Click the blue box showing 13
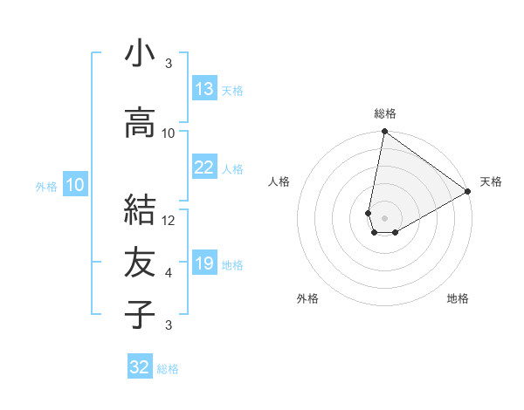point(204,89)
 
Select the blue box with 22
point(204,167)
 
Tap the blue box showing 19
point(204,263)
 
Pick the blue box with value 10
point(75,185)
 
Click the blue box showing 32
point(140,367)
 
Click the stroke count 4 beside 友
point(169,273)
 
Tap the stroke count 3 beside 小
point(169,64)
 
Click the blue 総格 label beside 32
point(168,369)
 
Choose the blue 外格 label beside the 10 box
point(46,186)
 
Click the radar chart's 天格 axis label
point(491,181)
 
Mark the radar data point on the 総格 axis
point(384,132)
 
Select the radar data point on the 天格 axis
point(468,192)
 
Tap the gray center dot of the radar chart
point(384,216)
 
